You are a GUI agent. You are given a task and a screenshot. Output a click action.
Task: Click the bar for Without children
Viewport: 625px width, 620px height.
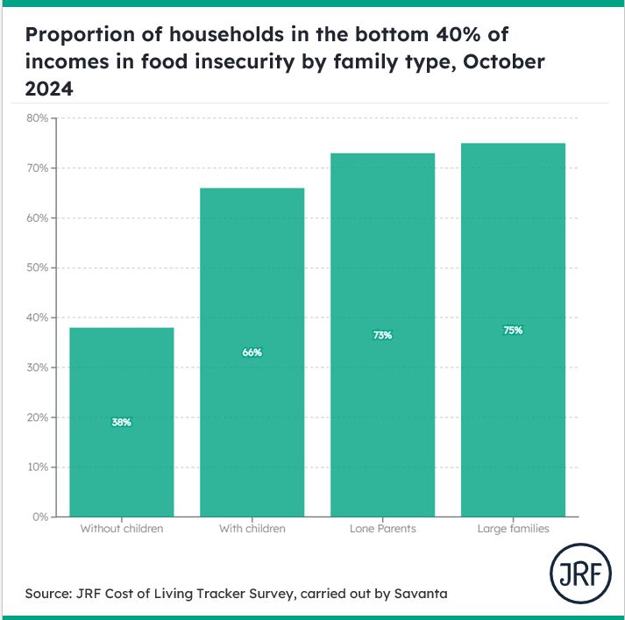(x=121, y=422)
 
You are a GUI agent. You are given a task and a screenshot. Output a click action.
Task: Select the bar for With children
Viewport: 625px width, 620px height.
(x=252, y=352)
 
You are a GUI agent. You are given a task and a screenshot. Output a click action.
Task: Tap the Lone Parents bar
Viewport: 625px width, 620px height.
(x=382, y=334)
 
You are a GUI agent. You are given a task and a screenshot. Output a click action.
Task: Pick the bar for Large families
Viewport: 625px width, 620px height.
(x=513, y=330)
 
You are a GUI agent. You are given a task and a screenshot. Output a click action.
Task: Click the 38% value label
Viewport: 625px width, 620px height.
(x=121, y=423)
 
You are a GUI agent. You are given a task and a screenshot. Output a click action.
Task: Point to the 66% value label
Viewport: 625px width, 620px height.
(x=252, y=353)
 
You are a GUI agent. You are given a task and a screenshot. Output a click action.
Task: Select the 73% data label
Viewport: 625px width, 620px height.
(x=382, y=335)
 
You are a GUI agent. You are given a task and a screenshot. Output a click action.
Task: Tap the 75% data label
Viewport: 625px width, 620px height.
(x=513, y=331)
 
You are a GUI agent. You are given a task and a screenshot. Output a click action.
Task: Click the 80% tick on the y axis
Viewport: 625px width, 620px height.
(x=37, y=118)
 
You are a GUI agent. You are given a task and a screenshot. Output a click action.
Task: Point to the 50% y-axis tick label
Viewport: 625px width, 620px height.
(x=37, y=267)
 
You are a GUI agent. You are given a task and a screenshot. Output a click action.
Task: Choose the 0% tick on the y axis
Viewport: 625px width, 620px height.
(x=40, y=517)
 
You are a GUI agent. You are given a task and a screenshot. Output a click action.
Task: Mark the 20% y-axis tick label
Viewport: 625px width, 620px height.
(x=37, y=417)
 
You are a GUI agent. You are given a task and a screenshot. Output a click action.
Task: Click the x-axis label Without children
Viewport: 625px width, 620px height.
(x=121, y=529)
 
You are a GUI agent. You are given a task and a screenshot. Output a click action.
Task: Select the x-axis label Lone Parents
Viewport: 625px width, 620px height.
(x=382, y=529)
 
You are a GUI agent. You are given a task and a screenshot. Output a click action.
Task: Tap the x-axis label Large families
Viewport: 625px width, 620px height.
(x=513, y=529)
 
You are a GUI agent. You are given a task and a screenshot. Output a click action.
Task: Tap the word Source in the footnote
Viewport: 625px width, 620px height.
(x=48, y=594)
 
